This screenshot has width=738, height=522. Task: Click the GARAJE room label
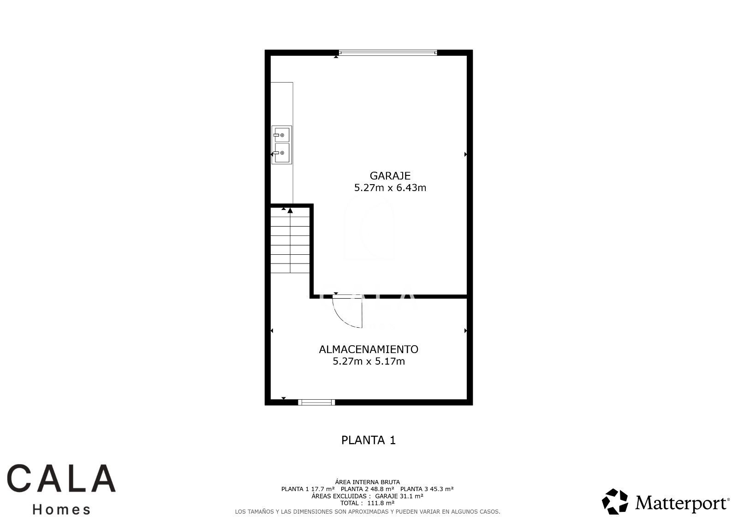click(x=390, y=176)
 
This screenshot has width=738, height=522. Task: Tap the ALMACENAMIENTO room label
click(x=369, y=349)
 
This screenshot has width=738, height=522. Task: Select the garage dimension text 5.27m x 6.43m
click(x=390, y=188)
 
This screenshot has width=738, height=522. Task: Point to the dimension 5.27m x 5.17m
click(x=369, y=361)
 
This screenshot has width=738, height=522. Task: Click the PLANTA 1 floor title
click(x=369, y=440)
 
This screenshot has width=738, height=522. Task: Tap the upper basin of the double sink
click(x=282, y=135)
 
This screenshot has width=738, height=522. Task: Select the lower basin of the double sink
click(x=282, y=153)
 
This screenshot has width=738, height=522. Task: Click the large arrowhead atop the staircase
click(x=290, y=210)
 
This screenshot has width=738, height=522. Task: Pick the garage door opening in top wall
click(x=388, y=53)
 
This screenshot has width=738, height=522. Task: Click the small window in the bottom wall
click(x=316, y=402)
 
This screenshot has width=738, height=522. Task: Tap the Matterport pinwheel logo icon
click(x=615, y=502)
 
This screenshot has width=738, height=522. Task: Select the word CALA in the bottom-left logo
click(x=61, y=478)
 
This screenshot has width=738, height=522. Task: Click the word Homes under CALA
click(x=61, y=510)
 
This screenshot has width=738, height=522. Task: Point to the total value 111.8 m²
click(x=381, y=503)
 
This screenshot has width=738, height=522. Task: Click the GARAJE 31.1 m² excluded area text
click(x=399, y=496)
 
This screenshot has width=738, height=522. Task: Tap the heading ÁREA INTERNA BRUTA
click(x=367, y=482)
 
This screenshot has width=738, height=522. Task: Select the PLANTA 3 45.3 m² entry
click(x=427, y=489)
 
